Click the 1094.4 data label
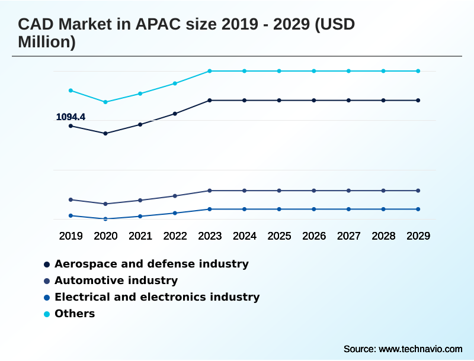coord(71,117)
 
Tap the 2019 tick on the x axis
coord(71,236)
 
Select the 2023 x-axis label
coord(210,236)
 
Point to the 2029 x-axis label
coord(418,236)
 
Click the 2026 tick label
coord(314,236)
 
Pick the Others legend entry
coord(74,314)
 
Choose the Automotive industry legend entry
coord(116,281)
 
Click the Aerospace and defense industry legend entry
coord(151,264)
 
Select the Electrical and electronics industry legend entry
coord(156,297)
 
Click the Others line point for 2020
coord(105,102)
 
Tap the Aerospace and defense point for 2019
coord(71,126)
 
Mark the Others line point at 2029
coord(418,71)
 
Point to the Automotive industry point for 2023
coord(210,191)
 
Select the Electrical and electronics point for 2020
coord(105,219)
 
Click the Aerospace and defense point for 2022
coord(175,114)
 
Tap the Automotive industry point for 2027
coord(348,191)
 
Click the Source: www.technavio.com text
coord(403,349)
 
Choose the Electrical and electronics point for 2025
coord(279,209)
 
